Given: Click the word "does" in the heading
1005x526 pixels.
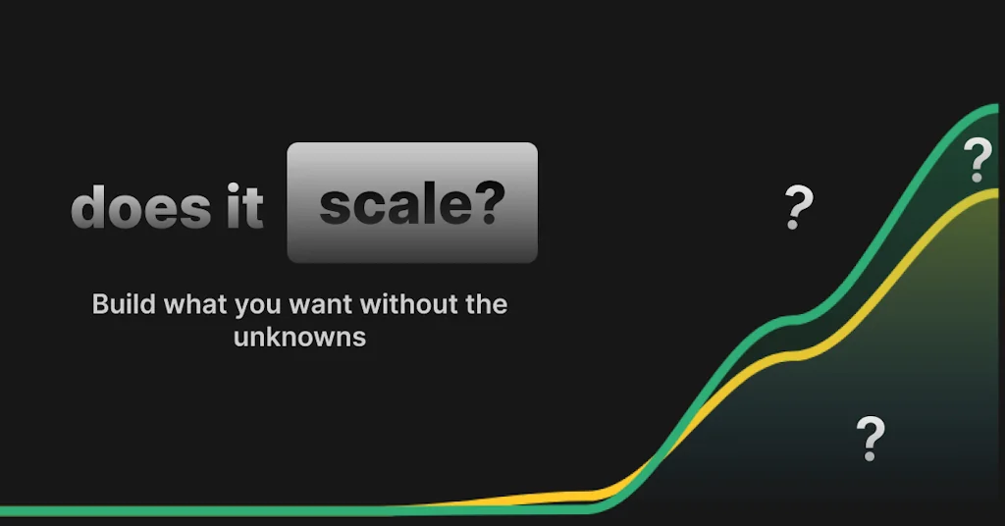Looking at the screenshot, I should (x=128, y=208).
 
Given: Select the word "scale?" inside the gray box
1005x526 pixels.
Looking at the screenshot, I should (x=412, y=204).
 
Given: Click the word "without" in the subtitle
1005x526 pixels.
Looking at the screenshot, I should (x=408, y=304).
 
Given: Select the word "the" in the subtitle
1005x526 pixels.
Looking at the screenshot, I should (x=486, y=304).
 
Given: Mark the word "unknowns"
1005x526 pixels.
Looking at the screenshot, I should (x=299, y=338).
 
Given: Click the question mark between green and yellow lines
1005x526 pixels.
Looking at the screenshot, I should (x=978, y=160).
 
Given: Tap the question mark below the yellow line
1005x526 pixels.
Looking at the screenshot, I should (x=871, y=439).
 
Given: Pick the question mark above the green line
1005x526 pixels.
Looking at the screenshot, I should (x=799, y=207).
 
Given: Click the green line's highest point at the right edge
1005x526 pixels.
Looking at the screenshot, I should (x=1000, y=106).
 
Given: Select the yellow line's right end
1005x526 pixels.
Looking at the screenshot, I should (x=1000, y=192).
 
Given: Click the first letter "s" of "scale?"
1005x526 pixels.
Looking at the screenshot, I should (x=335, y=206).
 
